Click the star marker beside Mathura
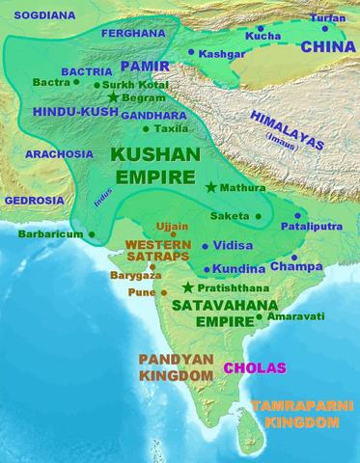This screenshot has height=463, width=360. coord(211,187)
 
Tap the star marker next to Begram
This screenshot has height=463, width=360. coord(114,97)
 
